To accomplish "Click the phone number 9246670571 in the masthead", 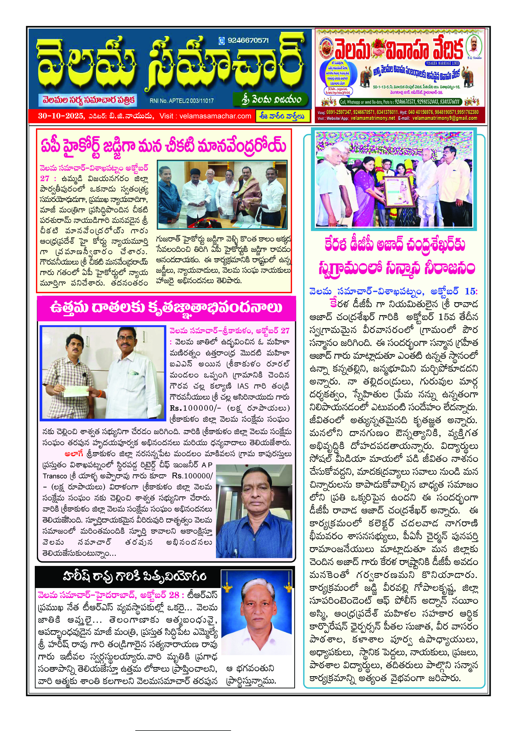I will (248, 40).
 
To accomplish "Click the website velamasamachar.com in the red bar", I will (215, 116).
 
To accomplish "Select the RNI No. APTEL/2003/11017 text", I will (182, 101).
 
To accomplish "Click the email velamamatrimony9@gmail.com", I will (445, 118).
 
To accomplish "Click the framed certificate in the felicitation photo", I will (398, 191).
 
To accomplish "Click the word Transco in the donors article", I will (55, 476).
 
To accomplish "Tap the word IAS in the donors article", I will (243, 386).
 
